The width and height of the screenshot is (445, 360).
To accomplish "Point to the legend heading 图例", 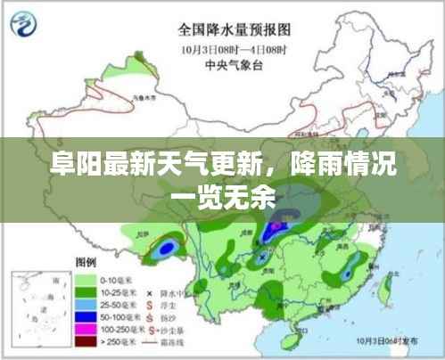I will (87, 263).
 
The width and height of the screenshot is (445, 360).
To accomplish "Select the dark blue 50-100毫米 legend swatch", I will (87, 315).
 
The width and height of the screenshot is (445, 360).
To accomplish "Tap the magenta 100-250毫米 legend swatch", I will (87, 328).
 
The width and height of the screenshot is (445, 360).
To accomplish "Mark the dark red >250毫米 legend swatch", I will (87, 340).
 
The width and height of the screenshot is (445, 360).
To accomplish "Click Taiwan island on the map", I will (387, 287).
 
